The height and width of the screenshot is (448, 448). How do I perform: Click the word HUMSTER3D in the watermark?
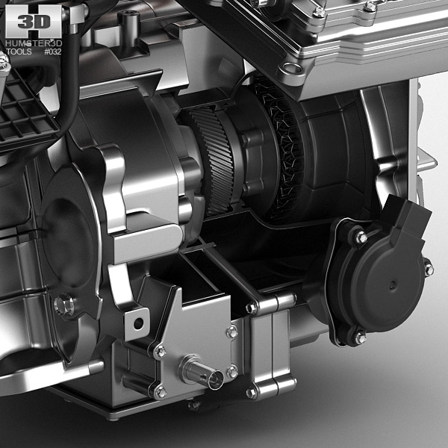[x=31, y=43]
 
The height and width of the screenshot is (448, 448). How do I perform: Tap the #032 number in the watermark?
[x=53, y=52]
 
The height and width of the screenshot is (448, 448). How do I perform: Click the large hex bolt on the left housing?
[x=64, y=304]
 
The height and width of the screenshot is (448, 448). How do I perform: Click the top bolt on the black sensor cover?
[x=361, y=237]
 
